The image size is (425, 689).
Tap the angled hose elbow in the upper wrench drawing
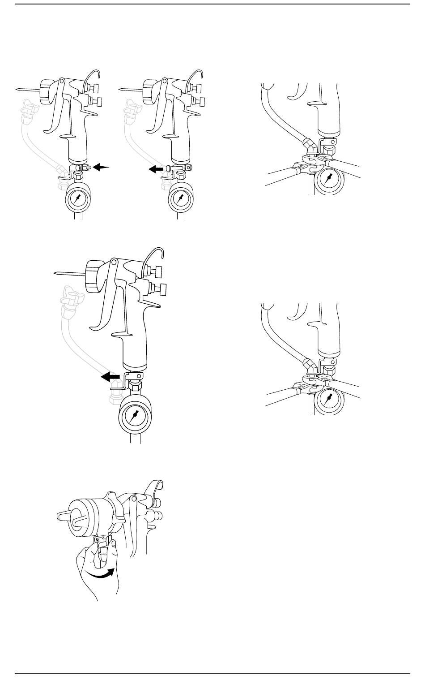pos(309,145)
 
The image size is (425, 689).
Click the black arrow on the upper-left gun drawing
pos(101,167)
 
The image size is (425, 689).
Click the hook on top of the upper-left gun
pos(92,77)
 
